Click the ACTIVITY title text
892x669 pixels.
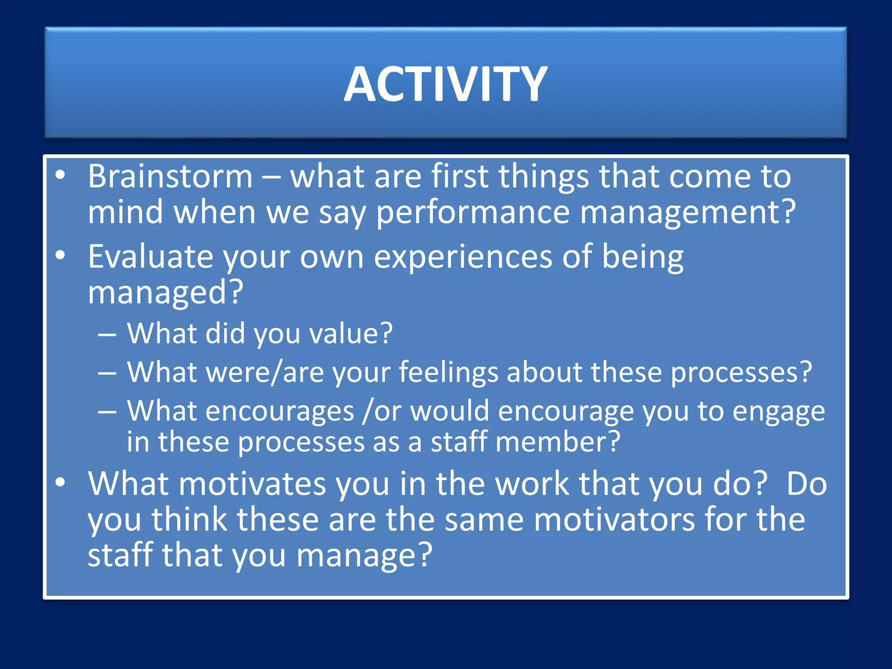[x=446, y=84]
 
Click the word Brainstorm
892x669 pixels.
[x=170, y=176]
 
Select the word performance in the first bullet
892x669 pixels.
[x=473, y=213]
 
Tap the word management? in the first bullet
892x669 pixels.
[x=688, y=213]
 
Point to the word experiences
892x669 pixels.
[x=463, y=257]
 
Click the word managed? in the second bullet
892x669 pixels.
[x=165, y=292]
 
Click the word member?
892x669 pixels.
[x=557, y=442]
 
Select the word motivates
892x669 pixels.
[x=250, y=484]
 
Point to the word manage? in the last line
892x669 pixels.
[x=364, y=556]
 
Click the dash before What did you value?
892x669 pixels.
[x=107, y=334]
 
